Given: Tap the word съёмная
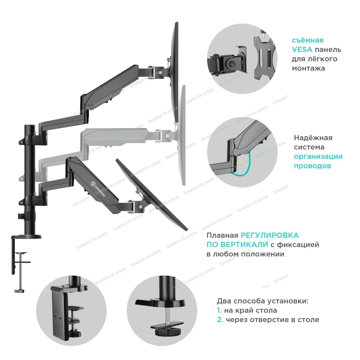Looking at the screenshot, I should [307, 40].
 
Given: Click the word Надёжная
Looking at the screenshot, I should [313, 138].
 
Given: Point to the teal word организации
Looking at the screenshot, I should [318, 157].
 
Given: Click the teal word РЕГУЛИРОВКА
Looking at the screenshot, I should [270, 235].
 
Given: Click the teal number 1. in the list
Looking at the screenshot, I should [219, 310].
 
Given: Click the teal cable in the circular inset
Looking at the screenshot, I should [245, 169].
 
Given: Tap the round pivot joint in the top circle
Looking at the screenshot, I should [229, 63].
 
